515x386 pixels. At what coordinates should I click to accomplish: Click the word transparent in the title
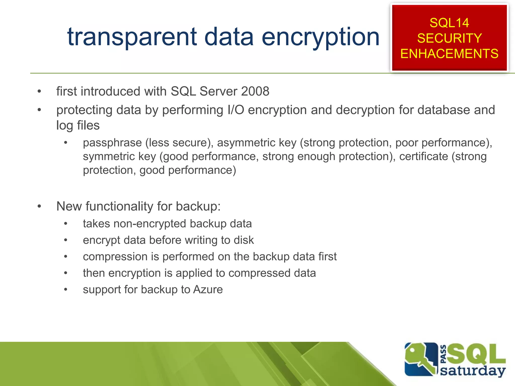tap(132, 37)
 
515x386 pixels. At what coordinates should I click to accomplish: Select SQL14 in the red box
tap(449, 23)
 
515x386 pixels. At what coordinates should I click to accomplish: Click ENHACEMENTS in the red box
tap(449, 54)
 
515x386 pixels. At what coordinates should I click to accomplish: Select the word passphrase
tap(112, 143)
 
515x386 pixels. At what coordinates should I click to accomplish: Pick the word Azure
tap(208, 289)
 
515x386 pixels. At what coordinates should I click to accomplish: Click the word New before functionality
tap(69, 206)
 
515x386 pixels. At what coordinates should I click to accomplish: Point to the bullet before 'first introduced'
tap(39, 91)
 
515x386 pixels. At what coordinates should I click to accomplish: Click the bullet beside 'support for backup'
tap(66, 289)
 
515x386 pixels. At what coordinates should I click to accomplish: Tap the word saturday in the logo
tap(473, 371)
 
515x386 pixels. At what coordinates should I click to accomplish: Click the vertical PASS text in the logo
tap(444, 354)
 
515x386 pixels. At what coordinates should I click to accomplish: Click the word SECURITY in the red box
tap(449, 38)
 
